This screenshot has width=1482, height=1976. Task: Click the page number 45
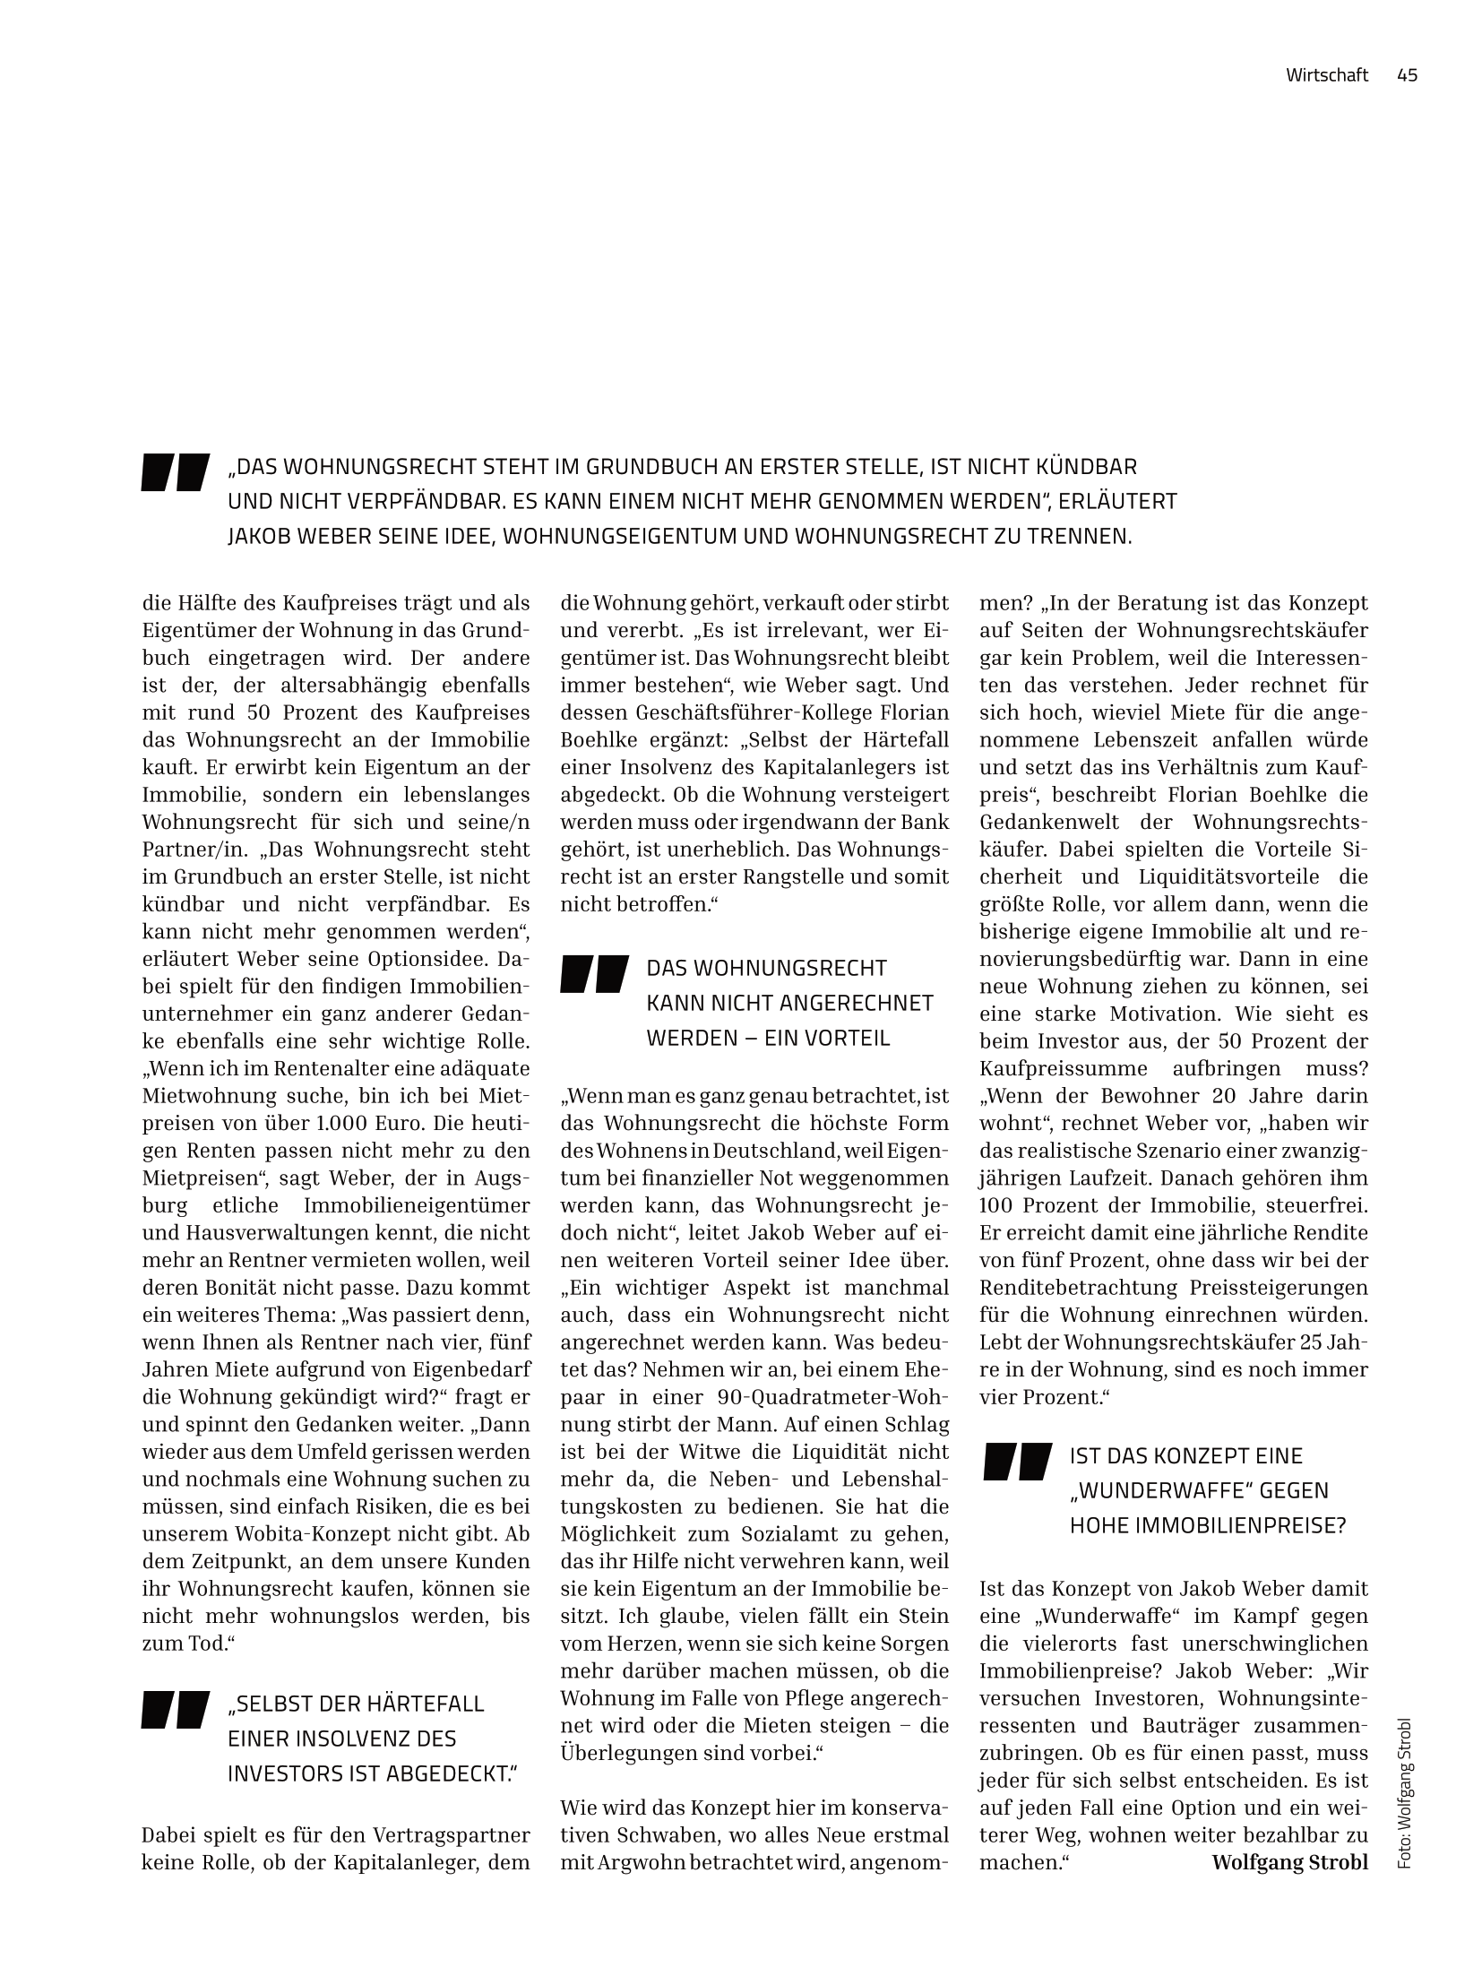point(1407,75)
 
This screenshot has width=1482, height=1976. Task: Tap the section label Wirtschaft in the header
point(1327,75)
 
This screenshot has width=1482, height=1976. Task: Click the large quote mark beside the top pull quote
point(175,472)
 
